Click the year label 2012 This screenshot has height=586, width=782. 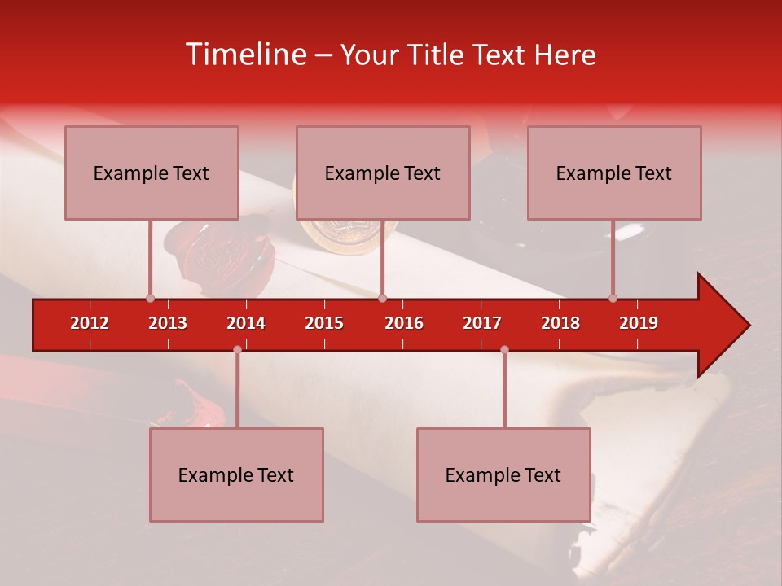pos(90,323)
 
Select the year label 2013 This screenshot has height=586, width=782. pos(168,323)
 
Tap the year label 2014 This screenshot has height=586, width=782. pos(246,323)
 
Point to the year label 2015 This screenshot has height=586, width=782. pos(324,323)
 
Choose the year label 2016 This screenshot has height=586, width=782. pos(404,323)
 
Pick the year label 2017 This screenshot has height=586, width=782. pos(482,323)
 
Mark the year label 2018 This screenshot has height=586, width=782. pos(560,323)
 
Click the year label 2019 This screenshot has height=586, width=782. pos(639,323)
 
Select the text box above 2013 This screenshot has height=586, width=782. pos(152,173)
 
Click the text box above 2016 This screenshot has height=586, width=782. pos(383,173)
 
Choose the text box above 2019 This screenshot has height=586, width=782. pos(614,173)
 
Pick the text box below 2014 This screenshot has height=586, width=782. pos(236,474)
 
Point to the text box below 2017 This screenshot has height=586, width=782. pos(503,474)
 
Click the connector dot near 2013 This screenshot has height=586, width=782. pos(150,298)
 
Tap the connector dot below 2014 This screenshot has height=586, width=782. pos(237,349)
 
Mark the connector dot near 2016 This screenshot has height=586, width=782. pos(383,298)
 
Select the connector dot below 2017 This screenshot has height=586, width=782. pos(504,349)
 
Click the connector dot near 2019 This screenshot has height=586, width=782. pos(613,298)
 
